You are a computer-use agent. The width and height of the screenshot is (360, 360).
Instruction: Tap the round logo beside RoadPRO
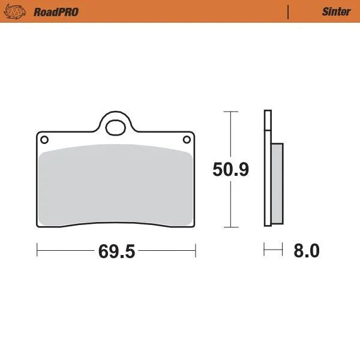point(20,11)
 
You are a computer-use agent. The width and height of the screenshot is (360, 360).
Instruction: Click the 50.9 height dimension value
point(231,170)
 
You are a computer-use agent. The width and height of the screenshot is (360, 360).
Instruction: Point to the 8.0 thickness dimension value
point(306,250)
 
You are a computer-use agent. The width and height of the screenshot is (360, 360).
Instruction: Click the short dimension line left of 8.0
point(273,249)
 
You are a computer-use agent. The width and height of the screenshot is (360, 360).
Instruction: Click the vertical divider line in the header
point(289,11)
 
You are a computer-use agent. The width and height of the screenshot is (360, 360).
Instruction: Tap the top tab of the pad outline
point(115,117)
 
